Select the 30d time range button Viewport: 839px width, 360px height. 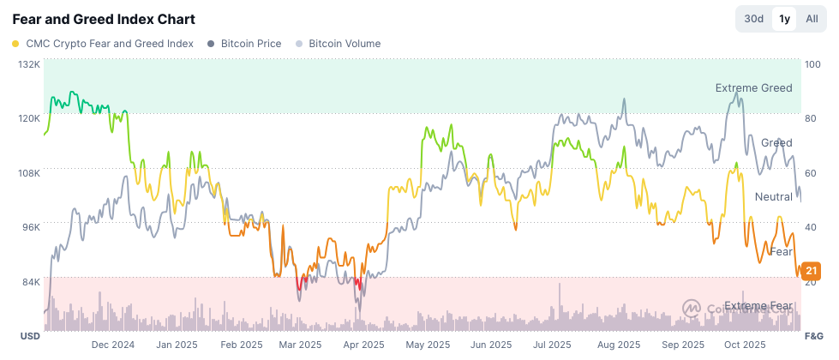tap(753, 19)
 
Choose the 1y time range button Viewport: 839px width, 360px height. tap(784, 19)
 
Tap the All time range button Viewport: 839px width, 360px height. tap(812, 19)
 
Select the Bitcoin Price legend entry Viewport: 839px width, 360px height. tap(244, 44)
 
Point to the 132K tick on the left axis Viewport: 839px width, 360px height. tap(29, 64)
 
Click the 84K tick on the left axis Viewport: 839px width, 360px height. tap(31, 282)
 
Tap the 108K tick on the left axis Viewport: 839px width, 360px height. tap(29, 173)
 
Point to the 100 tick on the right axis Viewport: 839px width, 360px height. tap(813, 64)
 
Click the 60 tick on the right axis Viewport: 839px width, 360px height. tap(811, 173)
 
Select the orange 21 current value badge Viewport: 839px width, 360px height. tap(812, 272)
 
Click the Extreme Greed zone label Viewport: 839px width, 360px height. tap(753, 88)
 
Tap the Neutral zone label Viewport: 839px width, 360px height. tap(773, 197)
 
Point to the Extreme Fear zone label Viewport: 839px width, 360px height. tap(758, 306)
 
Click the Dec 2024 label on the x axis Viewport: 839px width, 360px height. tap(113, 345)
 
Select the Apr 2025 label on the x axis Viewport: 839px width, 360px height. tap(363, 345)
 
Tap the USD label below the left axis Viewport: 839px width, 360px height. tap(31, 335)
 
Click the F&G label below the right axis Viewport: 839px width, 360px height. tap(814, 335)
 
